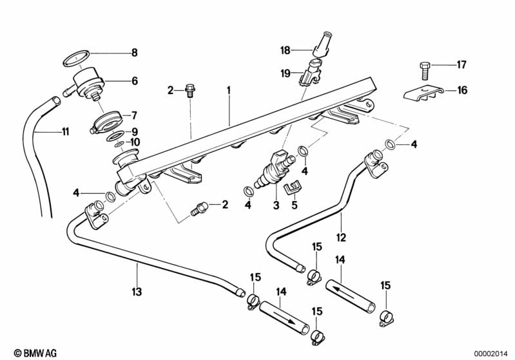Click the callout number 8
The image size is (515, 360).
[x=134, y=52]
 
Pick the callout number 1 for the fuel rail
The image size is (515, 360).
[x=228, y=91]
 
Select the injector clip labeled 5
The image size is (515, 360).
[x=292, y=189]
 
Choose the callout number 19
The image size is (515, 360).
[x=285, y=75]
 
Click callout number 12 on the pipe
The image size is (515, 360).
[x=342, y=237]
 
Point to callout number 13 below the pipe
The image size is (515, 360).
[x=137, y=292]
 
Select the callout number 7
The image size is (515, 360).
[x=134, y=116]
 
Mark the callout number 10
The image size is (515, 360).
[x=134, y=142]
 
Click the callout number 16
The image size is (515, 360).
[x=462, y=90]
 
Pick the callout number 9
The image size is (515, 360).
[x=134, y=130]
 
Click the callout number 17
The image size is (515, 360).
[x=462, y=64]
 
